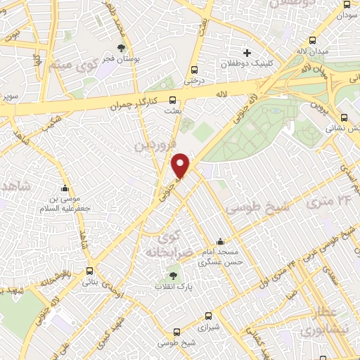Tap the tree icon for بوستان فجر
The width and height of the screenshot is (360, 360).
(x=122, y=49)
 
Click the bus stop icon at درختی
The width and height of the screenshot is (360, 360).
(x=195, y=70)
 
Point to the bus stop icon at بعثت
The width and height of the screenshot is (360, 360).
(x=173, y=100)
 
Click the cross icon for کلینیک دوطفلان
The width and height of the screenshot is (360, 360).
(x=247, y=53)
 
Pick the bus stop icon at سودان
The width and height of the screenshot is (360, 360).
(x=346, y=4)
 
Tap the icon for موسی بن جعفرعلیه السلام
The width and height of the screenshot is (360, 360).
(x=65, y=188)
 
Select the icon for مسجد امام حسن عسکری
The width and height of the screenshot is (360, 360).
(x=221, y=241)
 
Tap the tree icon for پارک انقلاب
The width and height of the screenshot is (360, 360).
(x=174, y=276)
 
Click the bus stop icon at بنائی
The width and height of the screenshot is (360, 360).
(x=89, y=271)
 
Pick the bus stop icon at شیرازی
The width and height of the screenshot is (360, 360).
(x=207, y=316)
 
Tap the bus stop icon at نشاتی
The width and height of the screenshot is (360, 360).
(x=344, y=118)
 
